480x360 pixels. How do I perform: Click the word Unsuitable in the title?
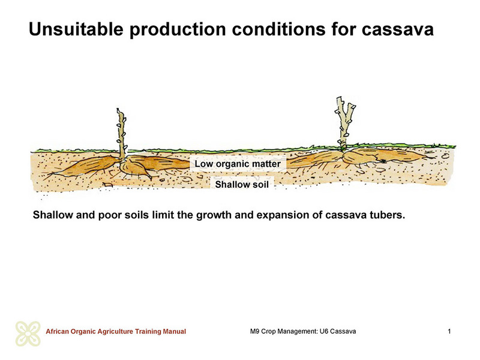click(76, 29)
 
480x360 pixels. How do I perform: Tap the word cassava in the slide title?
click(397, 29)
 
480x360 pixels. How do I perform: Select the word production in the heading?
click(178, 29)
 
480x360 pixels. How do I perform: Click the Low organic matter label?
click(238, 164)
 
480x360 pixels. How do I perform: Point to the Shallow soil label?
click(242, 184)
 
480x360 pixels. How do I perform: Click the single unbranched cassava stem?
click(122, 133)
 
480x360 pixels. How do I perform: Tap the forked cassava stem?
click(345, 122)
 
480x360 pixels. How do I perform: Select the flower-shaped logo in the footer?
click(28, 334)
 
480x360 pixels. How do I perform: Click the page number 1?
click(449, 331)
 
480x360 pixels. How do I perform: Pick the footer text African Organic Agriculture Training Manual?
click(116, 331)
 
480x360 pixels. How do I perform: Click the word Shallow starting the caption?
click(53, 215)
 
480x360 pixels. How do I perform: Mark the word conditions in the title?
click(278, 29)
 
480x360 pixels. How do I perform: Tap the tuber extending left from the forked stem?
click(316, 159)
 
